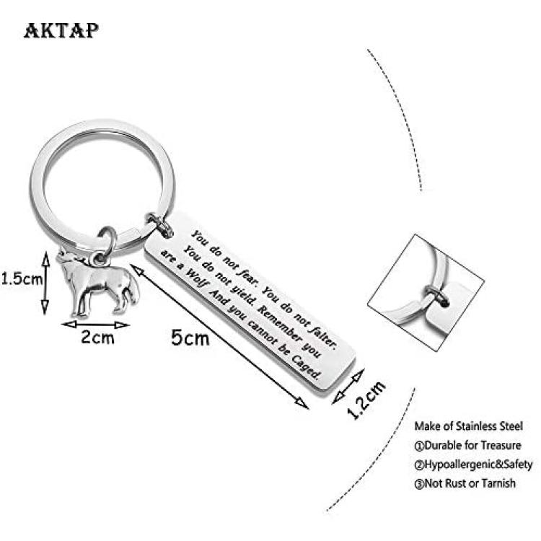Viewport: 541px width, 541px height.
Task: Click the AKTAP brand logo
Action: [61, 30]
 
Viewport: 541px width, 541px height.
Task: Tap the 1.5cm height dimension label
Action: [22, 278]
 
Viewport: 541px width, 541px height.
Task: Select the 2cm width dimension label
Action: [97, 337]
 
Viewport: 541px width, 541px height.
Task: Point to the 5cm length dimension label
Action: [190, 338]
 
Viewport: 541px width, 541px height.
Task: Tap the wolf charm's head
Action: [67, 259]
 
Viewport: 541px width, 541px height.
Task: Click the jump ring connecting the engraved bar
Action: [159, 225]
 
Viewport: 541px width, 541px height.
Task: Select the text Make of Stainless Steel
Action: [468, 426]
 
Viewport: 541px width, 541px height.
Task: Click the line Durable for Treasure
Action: [467, 446]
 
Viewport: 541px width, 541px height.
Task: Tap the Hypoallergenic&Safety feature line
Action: [473, 465]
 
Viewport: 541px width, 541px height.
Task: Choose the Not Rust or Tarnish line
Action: [465, 483]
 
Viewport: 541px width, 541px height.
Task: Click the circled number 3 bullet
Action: [419, 484]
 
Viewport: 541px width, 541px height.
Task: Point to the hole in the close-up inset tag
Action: [445, 304]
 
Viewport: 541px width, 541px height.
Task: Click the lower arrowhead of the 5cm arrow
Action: [302, 403]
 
